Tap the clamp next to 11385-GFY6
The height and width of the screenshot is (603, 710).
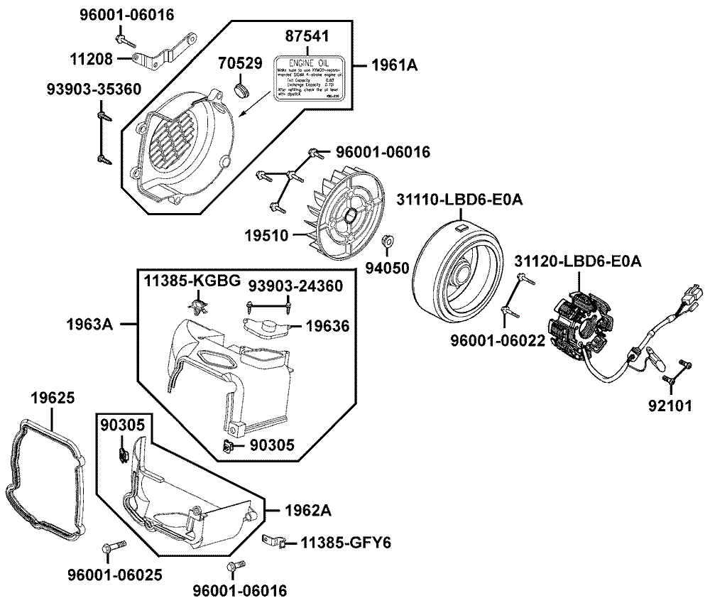(275, 543)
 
